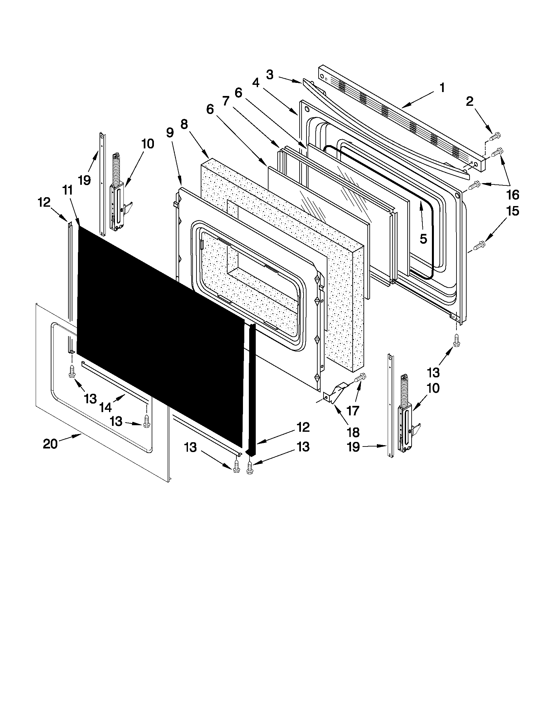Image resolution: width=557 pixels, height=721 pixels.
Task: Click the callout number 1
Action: [442, 88]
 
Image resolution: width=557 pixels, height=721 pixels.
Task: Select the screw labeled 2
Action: [495, 136]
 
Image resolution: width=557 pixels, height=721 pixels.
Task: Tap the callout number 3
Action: [269, 75]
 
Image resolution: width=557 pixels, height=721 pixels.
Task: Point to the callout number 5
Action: [423, 238]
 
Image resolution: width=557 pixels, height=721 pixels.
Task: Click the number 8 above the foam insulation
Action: [184, 124]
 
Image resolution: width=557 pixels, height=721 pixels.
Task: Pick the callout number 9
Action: [169, 133]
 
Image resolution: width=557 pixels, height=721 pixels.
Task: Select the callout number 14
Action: [105, 408]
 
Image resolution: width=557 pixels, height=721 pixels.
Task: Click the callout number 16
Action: [512, 195]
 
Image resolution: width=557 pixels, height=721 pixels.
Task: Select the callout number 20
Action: [50, 444]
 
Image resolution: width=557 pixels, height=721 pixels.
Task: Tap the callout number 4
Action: [256, 83]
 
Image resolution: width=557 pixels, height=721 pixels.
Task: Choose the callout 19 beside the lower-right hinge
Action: [353, 447]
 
